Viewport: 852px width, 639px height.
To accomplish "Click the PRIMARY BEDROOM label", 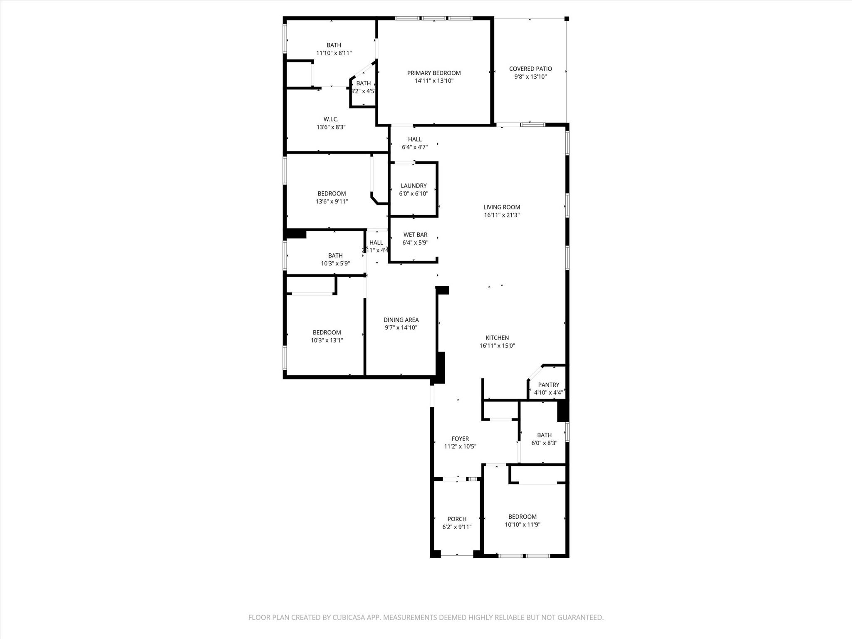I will tap(434, 73).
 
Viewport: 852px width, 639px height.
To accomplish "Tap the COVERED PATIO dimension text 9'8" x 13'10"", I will tap(530, 77).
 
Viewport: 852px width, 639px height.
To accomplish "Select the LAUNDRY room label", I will tap(414, 186).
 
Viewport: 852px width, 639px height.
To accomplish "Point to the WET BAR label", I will tap(415, 235).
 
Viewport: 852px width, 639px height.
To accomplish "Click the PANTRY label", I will tap(548, 385).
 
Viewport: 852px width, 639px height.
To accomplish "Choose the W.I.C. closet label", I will tap(331, 119).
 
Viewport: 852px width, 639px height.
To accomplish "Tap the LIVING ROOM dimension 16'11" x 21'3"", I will tap(502, 215).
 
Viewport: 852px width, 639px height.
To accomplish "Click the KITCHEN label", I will tap(497, 338).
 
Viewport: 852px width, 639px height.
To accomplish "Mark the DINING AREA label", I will tap(401, 320).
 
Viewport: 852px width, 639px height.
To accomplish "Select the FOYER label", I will tap(460, 438).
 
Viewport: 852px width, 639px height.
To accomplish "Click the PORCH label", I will tap(457, 519).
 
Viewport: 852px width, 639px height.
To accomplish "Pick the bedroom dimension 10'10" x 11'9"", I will tap(523, 525).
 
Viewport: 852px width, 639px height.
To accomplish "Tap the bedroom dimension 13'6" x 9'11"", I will tap(332, 201).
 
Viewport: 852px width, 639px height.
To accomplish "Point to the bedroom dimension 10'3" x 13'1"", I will tap(327, 340).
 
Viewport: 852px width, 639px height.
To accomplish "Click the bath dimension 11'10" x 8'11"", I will tap(334, 53).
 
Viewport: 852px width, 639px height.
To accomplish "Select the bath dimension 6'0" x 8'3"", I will tap(544, 443).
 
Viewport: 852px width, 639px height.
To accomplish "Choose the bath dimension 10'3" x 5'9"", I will tap(335, 263).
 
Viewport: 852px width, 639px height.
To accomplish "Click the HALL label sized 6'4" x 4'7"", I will tap(415, 139).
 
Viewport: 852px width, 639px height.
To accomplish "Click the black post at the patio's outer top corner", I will tap(566, 18).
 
